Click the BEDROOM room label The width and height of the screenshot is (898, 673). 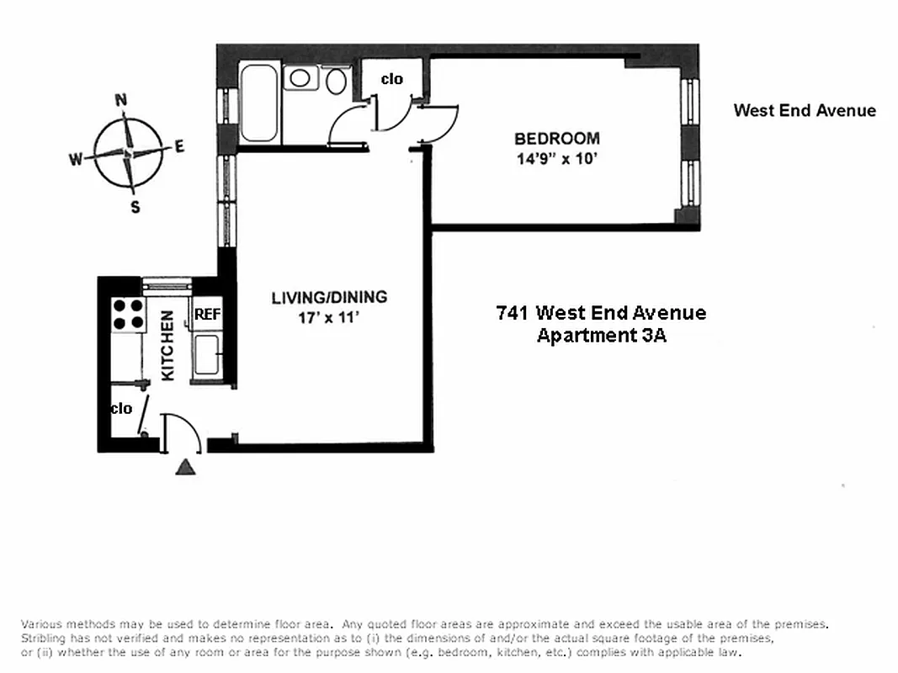tap(556, 139)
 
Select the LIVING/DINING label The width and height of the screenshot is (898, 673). tap(329, 297)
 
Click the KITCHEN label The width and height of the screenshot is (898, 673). tap(167, 346)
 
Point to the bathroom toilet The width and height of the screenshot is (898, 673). tap(336, 82)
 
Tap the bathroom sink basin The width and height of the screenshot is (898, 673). tap(300, 78)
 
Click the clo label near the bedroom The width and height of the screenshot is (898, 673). tap(392, 79)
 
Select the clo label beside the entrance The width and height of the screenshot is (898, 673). tap(121, 408)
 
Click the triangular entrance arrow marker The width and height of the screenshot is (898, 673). tap(185, 467)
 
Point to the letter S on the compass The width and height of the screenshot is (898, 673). tap(135, 208)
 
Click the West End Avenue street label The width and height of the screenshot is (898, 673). tap(804, 110)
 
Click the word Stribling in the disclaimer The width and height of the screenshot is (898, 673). tap(45, 639)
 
